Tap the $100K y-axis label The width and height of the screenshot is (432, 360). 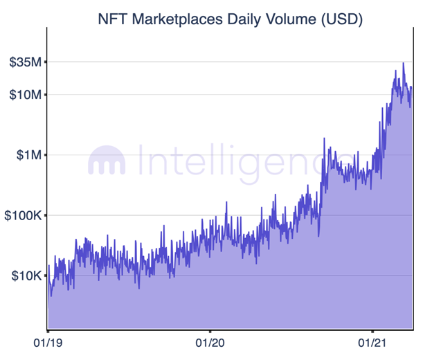click(x=23, y=215)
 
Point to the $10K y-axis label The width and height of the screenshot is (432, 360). click(x=26, y=276)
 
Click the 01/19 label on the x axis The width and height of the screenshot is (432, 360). click(x=48, y=342)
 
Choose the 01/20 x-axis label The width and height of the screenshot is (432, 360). click(x=210, y=342)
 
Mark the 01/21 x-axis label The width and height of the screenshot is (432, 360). click(x=372, y=342)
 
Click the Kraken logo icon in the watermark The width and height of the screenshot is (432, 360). click(x=107, y=161)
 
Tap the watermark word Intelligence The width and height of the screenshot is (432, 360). click(x=232, y=160)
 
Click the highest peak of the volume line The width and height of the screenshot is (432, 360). click(x=404, y=63)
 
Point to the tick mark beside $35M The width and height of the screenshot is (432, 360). click(x=45, y=62)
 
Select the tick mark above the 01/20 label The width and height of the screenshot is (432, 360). click(x=210, y=330)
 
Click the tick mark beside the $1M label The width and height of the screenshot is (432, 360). click(x=45, y=154)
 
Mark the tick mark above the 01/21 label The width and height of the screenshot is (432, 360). click(x=372, y=330)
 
